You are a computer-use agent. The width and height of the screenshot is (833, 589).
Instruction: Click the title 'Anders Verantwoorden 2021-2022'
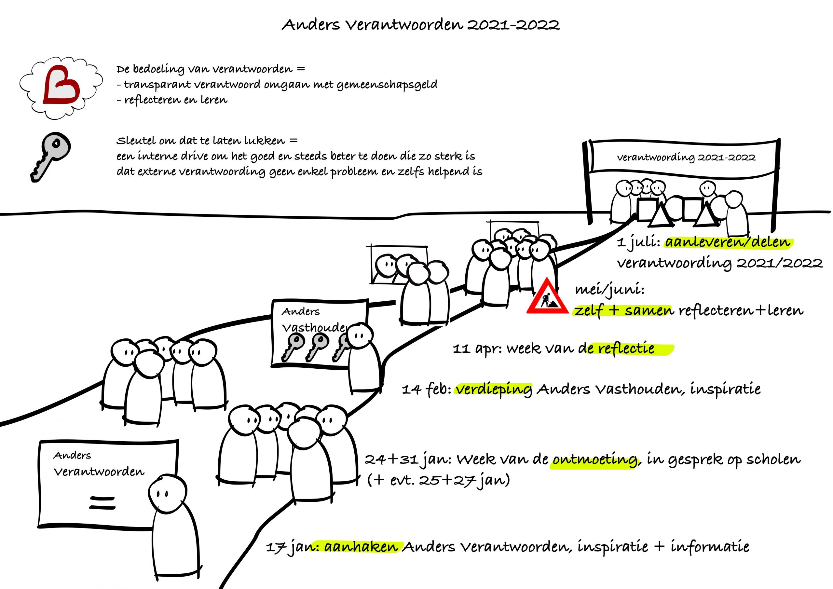420,25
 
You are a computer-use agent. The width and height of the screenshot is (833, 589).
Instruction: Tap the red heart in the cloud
61,85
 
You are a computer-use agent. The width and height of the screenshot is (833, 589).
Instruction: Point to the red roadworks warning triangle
548,297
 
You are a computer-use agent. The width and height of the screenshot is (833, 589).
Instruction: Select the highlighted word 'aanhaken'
361,547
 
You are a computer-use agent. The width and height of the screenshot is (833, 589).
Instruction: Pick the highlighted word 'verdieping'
494,390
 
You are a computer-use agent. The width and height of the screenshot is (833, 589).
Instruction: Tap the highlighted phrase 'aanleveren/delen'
728,242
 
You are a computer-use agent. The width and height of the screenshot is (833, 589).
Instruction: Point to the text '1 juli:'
638,242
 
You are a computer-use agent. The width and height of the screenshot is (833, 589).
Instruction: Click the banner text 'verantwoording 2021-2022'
686,158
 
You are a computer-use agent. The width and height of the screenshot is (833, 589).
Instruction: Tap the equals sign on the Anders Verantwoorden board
102,503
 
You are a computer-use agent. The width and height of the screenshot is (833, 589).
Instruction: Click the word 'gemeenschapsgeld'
387,85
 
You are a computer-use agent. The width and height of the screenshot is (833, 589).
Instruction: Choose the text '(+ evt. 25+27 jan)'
439,480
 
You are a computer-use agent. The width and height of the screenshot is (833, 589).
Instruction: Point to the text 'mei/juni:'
609,290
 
